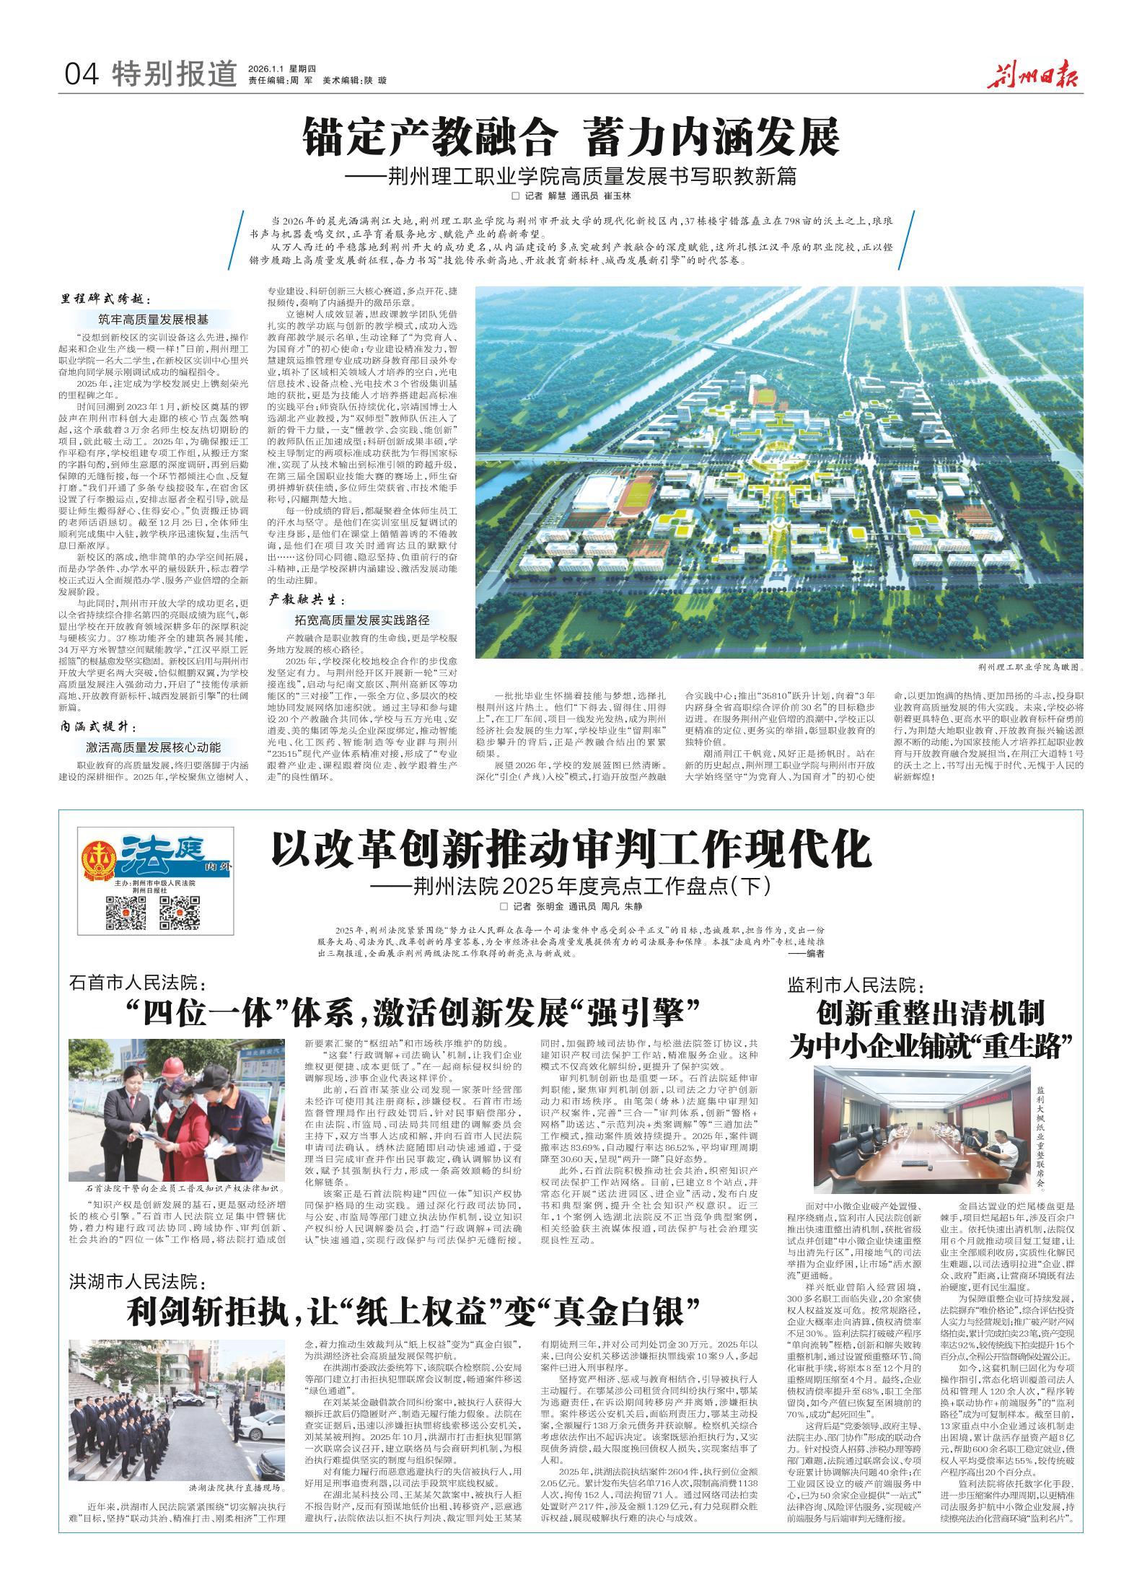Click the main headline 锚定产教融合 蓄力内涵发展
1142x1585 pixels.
click(x=571, y=136)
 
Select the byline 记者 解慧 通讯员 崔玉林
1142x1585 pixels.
click(x=570, y=196)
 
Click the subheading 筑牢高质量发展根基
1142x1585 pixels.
click(x=153, y=319)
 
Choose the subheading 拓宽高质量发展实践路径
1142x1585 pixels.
click(x=361, y=619)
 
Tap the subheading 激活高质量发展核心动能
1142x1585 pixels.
click(x=154, y=747)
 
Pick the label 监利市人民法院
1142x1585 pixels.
click(x=856, y=984)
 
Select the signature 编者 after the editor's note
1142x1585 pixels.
click(x=805, y=952)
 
